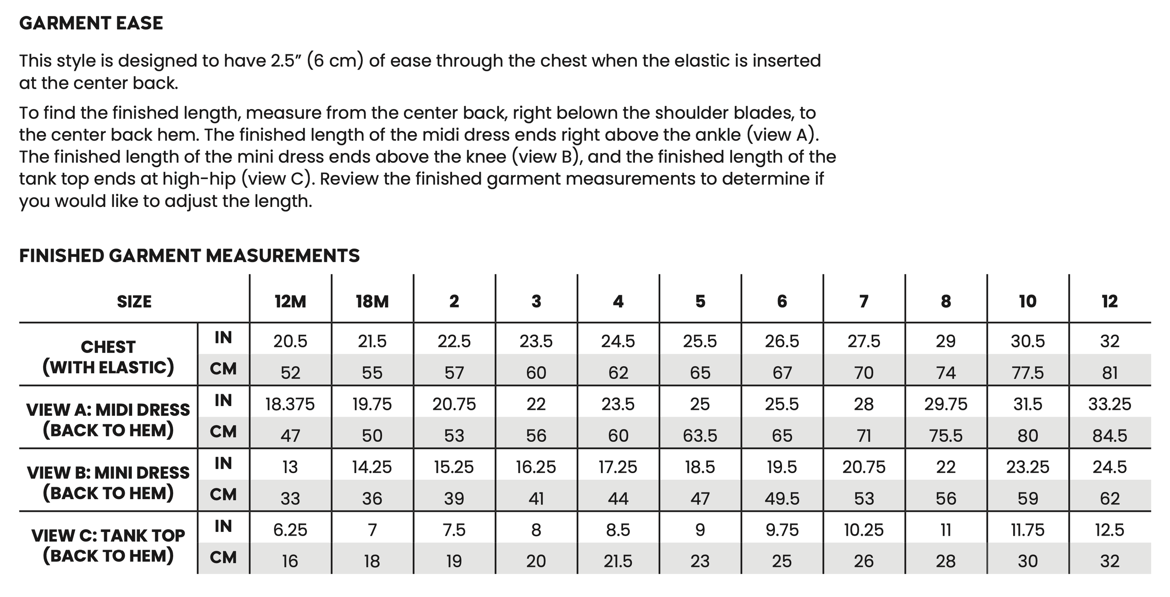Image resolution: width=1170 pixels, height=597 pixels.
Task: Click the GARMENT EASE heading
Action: (91, 23)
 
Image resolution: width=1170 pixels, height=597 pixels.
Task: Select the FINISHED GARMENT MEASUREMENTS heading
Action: (190, 256)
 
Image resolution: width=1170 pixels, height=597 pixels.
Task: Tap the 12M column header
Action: (290, 302)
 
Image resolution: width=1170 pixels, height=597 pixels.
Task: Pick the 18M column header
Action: (372, 302)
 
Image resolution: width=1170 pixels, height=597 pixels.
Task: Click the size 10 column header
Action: (1027, 302)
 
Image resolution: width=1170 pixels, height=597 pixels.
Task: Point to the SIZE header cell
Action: (134, 302)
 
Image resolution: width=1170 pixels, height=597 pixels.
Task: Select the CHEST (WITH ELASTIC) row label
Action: (108, 357)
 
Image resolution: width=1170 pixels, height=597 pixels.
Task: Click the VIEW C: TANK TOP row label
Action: (108, 546)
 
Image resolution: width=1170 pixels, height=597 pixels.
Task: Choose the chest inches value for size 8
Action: (946, 341)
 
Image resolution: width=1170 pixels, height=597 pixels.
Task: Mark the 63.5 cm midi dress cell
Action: (700, 436)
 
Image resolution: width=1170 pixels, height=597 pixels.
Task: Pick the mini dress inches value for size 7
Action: (864, 467)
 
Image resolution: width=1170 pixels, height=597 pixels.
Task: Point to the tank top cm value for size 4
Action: (618, 562)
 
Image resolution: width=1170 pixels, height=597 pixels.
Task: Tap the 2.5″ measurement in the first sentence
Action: (287, 61)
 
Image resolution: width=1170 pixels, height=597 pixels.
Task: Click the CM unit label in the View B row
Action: (223, 495)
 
